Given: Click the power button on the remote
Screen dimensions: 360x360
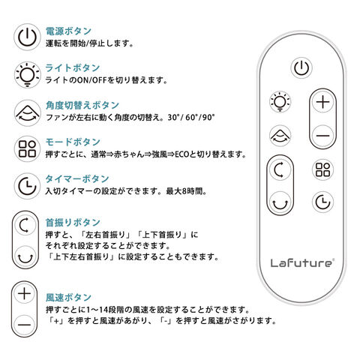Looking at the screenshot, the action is click(x=301, y=67).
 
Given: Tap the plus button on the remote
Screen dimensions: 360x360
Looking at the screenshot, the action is click(x=323, y=102).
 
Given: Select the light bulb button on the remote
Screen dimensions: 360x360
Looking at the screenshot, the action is click(x=280, y=102).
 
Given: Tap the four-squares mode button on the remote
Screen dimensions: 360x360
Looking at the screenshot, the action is click(x=322, y=169).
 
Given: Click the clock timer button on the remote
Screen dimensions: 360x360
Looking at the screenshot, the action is click(x=322, y=202).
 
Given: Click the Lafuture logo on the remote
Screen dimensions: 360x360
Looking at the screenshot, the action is click(x=302, y=262).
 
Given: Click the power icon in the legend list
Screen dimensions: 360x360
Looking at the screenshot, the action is click(x=27, y=37).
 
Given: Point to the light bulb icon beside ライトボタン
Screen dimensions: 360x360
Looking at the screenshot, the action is click(x=27, y=74).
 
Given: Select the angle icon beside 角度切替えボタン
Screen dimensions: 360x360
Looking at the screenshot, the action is click(x=27, y=112).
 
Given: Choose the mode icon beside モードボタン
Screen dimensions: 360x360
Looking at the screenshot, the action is click(x=27, y=149).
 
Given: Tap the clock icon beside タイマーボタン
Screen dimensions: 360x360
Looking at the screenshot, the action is click(x=27, y=186).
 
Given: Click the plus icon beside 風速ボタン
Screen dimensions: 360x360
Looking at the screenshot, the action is click(x=25, y=293).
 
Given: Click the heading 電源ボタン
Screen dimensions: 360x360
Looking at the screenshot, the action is click(x=68, y=31).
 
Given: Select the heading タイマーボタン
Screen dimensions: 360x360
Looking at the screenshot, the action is click(x=77, y=178).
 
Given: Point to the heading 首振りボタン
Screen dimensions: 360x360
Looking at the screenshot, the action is click(x=73, y=222).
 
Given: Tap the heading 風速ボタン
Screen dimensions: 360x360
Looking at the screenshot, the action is click(x=68, y=298).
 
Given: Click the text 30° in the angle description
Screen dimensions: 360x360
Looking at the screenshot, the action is click(x=174, y=117).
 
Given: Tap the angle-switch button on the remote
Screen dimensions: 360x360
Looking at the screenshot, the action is click(x=280, y=136).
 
